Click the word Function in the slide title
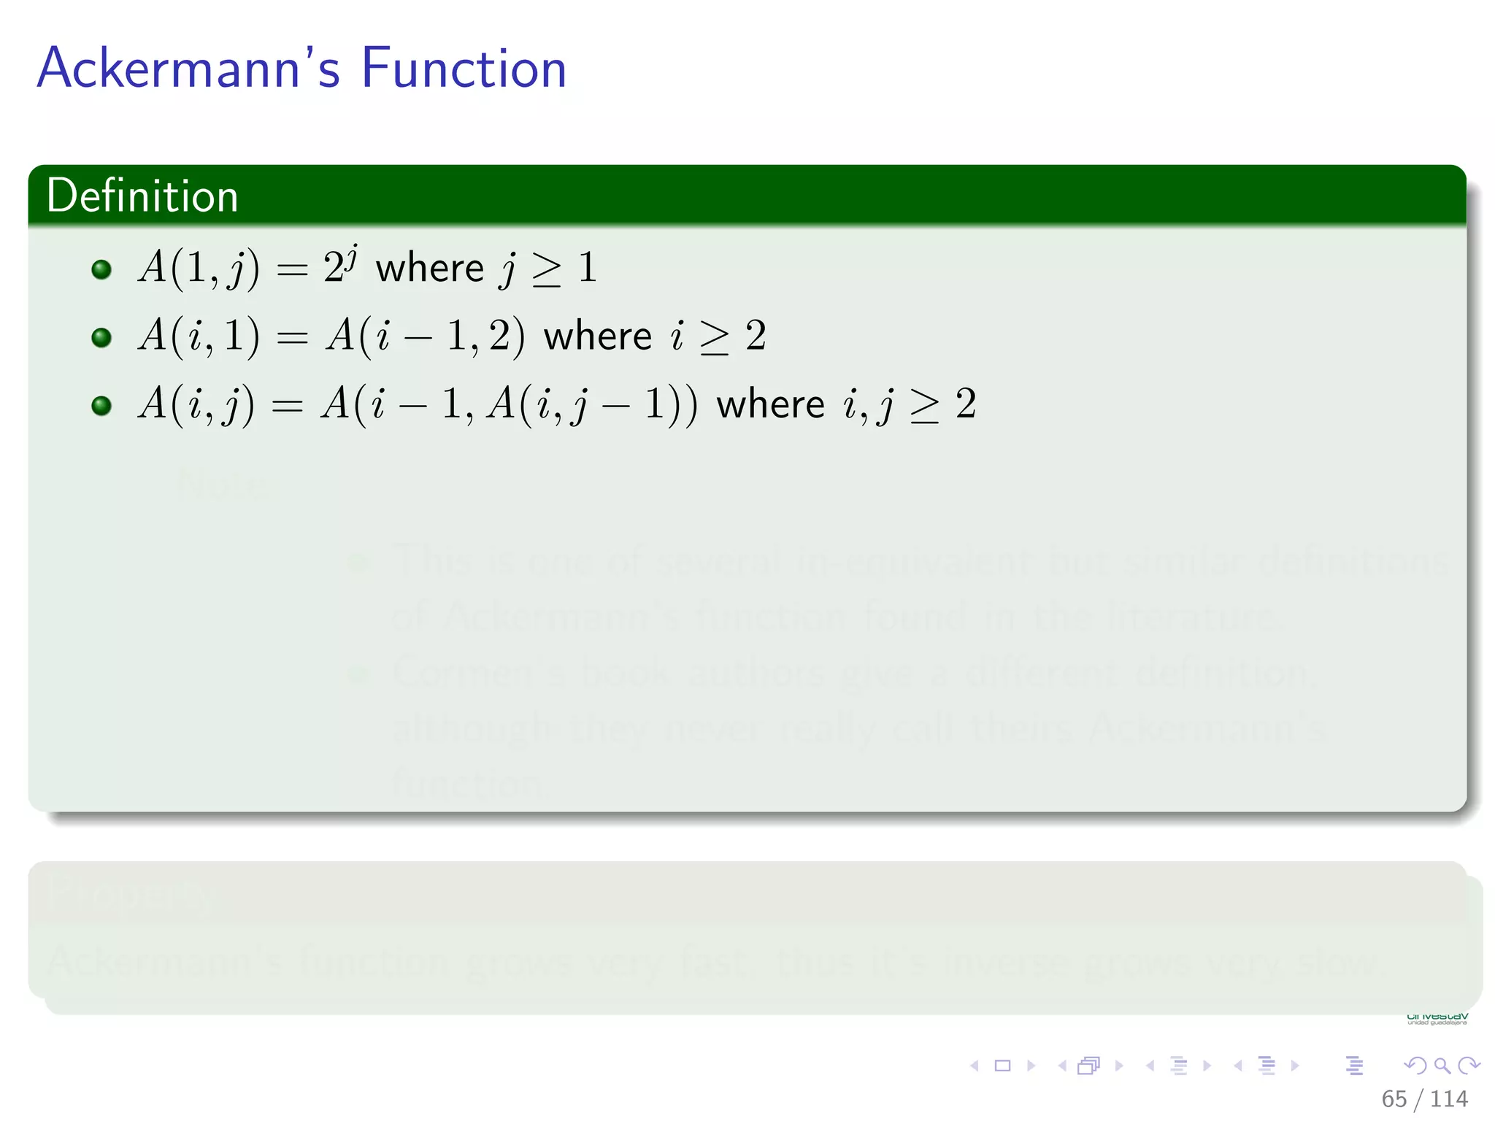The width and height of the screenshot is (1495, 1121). (x=464, y=68)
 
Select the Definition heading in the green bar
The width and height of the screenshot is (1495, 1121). (x=142, y=196)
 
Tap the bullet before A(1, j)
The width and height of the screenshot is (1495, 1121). (x=101, y=269)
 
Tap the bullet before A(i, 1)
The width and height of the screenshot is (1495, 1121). (x=101, y=337)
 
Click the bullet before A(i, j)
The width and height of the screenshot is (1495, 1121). (x=101, y=405)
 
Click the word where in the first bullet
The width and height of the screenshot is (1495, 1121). (x=430, y=269)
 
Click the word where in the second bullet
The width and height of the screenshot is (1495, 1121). (x=598, y=336)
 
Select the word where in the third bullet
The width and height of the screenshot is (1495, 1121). (x=770, y=404)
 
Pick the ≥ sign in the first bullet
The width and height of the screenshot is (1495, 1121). (x=547, y=269)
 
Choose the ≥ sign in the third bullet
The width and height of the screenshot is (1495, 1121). (x=925, y=406)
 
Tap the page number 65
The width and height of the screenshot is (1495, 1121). (x=1394, y=1099)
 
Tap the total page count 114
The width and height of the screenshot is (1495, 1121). (x=1449, y=1099)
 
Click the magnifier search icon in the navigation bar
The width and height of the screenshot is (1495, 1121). (x=1442, y=1066)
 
